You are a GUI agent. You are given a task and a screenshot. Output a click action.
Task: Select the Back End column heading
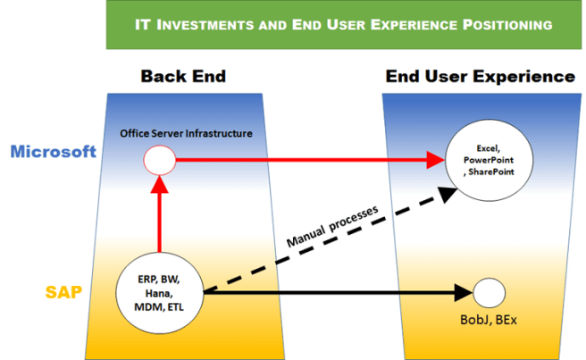tap(183, 77)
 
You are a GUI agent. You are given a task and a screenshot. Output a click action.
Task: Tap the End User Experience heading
tap(481, 77)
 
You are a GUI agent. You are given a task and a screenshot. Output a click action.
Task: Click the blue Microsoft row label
tap(53, 152)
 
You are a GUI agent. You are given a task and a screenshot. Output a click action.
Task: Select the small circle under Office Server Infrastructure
tap(158, 162)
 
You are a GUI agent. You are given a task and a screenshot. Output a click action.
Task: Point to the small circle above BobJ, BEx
tap(489, 292)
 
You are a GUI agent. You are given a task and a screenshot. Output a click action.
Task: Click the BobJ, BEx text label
tap(488, 320)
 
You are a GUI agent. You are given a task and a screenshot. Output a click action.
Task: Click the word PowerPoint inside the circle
tap(489, 158)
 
